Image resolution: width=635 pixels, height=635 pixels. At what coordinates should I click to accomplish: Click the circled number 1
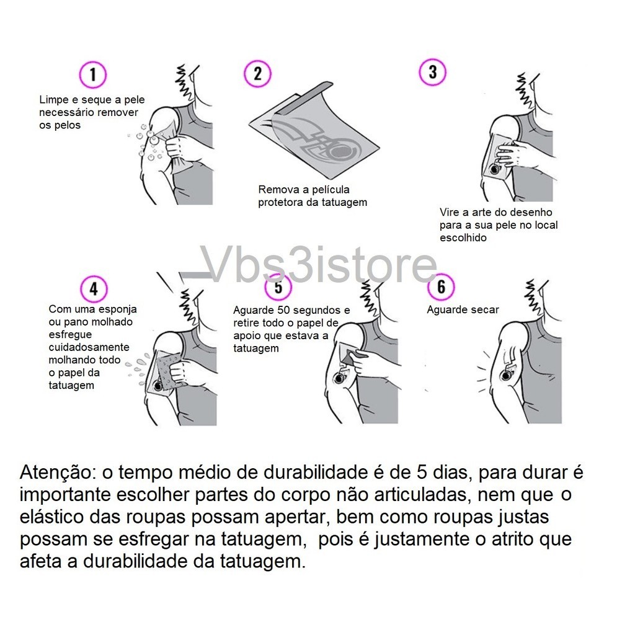pos(93,74)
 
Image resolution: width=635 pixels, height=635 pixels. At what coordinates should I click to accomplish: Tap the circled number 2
pos(257,74)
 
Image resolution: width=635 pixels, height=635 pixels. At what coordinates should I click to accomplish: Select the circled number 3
pos(432,72)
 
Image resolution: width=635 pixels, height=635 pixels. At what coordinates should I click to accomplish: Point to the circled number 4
pos(94,289)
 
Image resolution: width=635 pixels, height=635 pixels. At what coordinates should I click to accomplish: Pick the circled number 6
pos(441,286)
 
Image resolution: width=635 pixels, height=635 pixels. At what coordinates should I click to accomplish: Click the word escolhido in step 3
pos(463,238)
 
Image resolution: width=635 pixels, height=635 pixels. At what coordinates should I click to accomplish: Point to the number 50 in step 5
pos(284,310)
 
